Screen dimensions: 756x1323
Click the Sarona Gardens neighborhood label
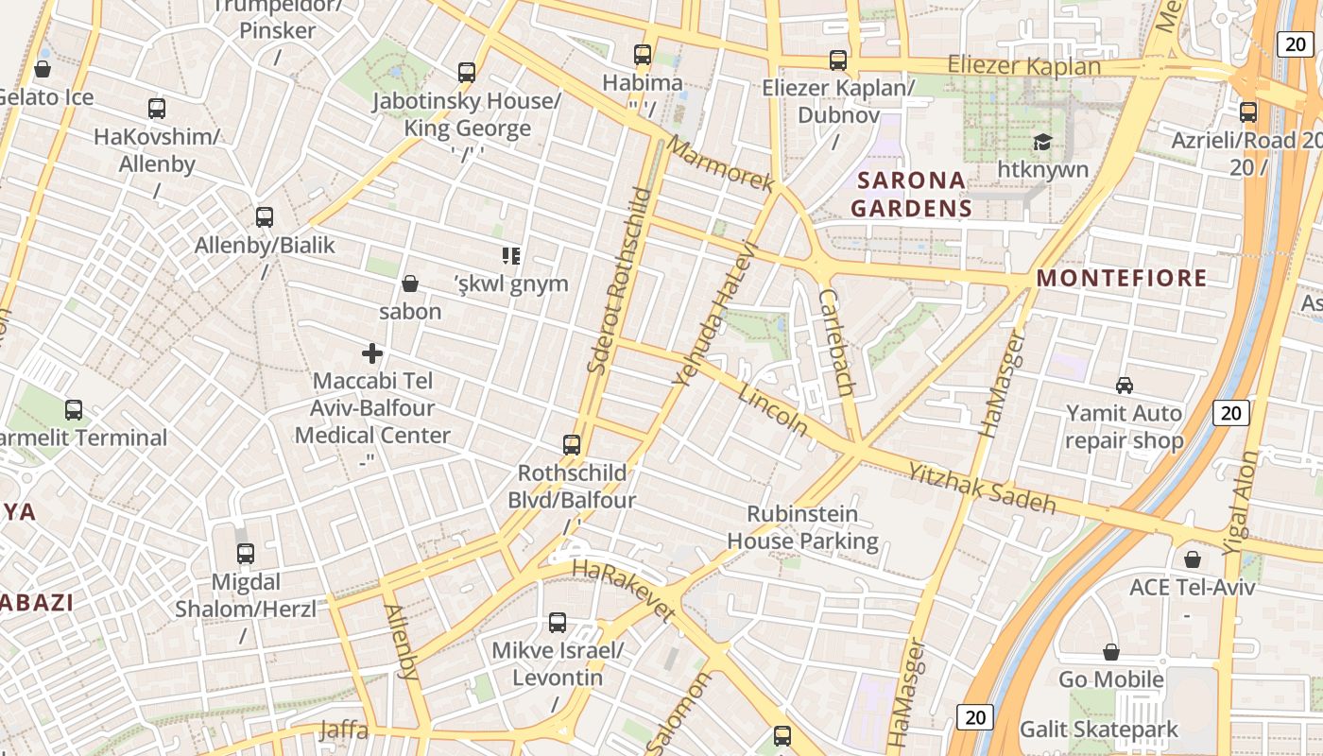[911, 194]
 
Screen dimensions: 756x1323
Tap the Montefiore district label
[1122, 278]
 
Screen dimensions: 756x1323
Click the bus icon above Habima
[643, 55]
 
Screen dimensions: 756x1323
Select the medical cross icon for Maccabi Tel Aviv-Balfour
[372, 353]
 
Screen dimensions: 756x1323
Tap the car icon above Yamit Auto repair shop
[1125, 386]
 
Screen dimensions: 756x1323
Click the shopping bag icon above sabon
[410, 283]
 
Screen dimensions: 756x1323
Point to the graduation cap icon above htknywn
[1042, 143]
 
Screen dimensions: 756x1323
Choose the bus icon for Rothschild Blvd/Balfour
[572, 444]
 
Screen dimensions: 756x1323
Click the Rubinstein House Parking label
[802, 527]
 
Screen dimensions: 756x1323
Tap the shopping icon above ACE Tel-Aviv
[1193, 559]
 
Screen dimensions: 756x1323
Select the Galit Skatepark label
[1098, 730]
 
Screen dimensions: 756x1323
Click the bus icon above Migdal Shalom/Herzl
[246, 554]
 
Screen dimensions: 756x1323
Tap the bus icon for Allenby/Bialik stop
[265, 217]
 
